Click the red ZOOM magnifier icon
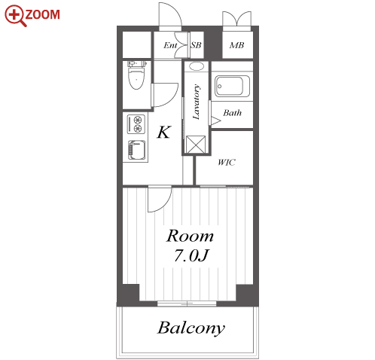14,16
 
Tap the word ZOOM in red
43,14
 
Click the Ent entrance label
170,45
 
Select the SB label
196,45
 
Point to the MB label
236,45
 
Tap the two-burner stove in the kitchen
136,124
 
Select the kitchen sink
137,150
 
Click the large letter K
164,132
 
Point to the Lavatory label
197,102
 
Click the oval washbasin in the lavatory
197,66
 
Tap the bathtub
232,87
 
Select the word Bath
233,113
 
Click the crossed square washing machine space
196,145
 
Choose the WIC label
227,163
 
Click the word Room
190,236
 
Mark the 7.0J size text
191,256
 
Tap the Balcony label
191,328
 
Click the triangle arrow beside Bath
215,121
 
